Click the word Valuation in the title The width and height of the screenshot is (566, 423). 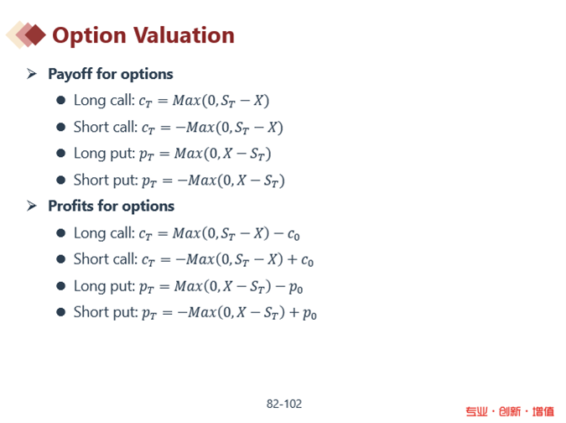click(x=184, y=35)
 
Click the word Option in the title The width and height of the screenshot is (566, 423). click(x=89, y=36)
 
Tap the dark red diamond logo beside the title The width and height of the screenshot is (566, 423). click(x=35, y=35)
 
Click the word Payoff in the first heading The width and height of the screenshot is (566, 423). click(x=70, y=74)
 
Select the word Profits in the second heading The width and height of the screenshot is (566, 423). click(x=71, y=206)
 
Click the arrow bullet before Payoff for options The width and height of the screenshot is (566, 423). click(x=32, y=74)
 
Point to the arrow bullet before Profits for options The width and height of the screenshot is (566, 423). click(x=32, y=206)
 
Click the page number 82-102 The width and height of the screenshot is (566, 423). click(x=284, y=404)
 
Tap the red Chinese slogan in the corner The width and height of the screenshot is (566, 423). click(x=510, y=411)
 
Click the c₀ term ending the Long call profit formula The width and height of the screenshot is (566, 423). click(x=293, y=234)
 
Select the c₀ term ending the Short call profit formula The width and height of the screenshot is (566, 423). click(x=307, y=260)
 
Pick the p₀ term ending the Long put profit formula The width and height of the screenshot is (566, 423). click(x=296, y=288)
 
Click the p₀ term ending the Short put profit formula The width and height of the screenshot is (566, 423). click(x=309, y=314)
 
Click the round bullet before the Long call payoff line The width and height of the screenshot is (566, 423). click(x=60, y=100)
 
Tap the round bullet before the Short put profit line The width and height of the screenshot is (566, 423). click(x=60, y=312)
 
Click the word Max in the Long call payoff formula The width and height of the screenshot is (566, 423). click(x=187, y=101)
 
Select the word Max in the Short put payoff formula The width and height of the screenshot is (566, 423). click(x=202, y=180)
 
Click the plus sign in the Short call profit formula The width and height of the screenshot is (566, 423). click(x=293, y=260)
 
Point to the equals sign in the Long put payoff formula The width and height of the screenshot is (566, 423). click(x=164, y=154)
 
